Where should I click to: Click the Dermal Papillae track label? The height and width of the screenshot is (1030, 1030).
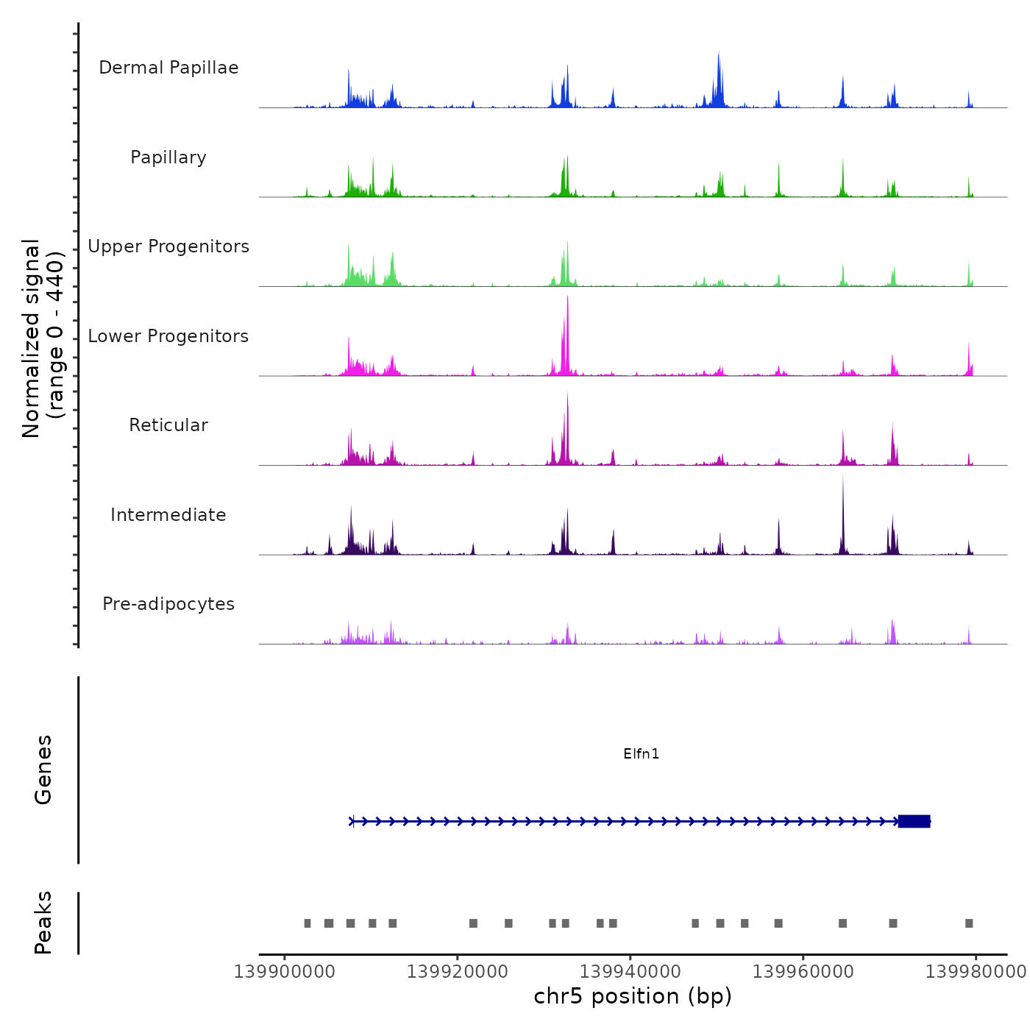click(168, 68)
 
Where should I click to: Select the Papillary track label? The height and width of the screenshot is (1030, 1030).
click(168, 157)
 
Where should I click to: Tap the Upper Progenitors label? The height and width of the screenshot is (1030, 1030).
click(168, 246)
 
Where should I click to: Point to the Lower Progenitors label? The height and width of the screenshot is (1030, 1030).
click(168, 336)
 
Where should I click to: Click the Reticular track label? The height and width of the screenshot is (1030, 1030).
click(168, 425)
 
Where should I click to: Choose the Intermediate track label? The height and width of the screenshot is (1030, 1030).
click(168, 515)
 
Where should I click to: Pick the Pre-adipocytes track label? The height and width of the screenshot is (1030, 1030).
click(168, 604)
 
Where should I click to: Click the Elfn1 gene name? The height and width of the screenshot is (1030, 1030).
click(641, 753)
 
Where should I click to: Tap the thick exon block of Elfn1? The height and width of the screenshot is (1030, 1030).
click(914, 821)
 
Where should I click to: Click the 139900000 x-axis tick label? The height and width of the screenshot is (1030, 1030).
click(285, 972)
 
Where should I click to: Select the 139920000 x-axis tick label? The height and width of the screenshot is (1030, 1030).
click(458, 972)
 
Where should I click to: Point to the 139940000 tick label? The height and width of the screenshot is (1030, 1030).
click(631, 972)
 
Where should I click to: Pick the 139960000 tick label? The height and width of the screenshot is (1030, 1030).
click(803, 972)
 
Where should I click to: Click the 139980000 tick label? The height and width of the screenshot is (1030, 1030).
click(976, 972)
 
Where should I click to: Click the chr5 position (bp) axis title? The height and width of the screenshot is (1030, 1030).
click(633, 996)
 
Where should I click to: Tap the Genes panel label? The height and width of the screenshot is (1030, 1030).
click(43, 770)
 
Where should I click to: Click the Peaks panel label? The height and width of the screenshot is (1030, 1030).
click(43, 923)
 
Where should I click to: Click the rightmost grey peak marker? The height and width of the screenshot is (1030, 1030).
click(969, 923)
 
